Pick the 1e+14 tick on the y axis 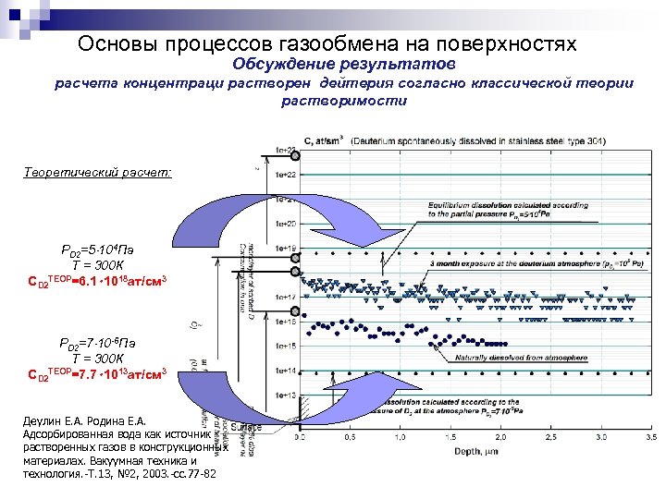286,370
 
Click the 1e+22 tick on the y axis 286,174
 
